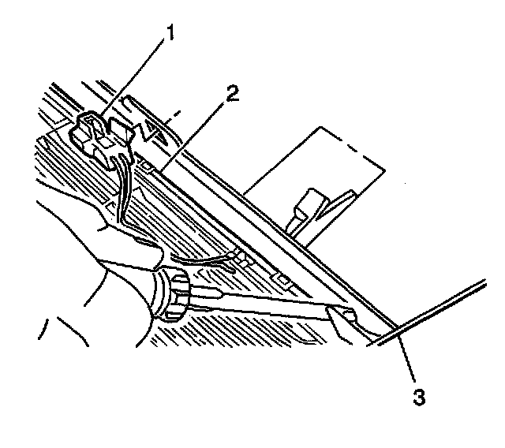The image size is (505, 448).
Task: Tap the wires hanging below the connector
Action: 122,185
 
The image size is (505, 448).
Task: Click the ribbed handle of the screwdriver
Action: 173,296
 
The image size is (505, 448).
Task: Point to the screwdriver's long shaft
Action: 260,304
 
